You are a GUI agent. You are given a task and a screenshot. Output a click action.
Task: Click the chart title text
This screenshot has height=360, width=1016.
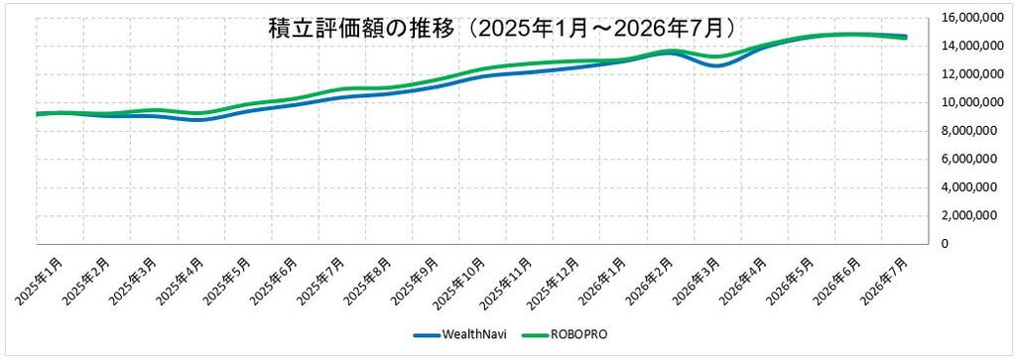502,29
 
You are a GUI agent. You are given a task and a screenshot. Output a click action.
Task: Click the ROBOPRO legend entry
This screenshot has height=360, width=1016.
564,335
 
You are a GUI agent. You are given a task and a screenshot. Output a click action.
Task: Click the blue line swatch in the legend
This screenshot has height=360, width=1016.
427,335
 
